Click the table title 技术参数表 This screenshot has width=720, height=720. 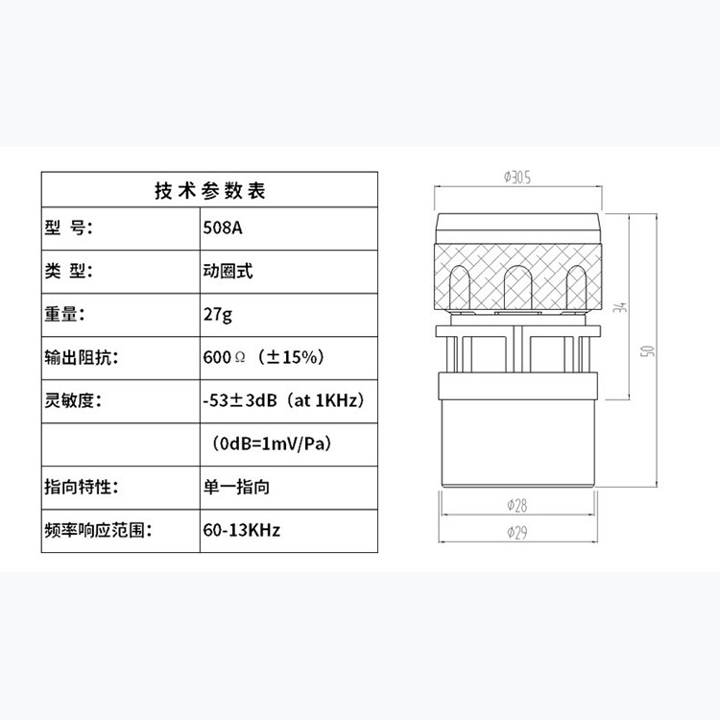click(209, 189)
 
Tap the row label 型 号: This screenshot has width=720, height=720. click(70, 228)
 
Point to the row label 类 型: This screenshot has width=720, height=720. click(70, 271)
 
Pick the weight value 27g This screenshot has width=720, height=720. click(218, 314)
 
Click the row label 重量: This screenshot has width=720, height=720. click(65, 314)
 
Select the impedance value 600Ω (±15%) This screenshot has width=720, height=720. click(263, 357)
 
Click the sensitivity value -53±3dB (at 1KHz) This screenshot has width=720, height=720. click(283, 400)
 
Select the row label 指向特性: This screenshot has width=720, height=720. click(81, 487)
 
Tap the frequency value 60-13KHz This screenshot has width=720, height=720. click(241, 529)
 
